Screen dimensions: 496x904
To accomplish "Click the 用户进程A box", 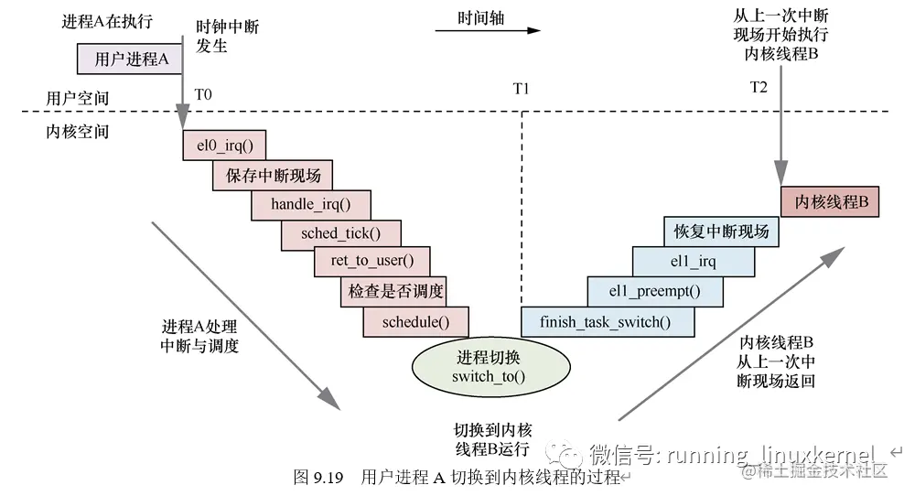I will tap(132, 59).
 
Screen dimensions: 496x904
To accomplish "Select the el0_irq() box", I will tap(225, 144).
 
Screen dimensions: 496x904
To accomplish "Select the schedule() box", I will tap(416, 321).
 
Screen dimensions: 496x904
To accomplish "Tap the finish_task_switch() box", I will tap(605, 321).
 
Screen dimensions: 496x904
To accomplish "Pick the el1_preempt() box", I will tap(654, 292).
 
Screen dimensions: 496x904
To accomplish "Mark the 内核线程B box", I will tap(830, 201).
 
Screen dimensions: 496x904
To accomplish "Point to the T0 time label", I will tap(202, 93).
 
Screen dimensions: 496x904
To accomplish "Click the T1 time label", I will tap(521, 89).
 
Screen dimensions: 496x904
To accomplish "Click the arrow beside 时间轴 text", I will tap(487, 30).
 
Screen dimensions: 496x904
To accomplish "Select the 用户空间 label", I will tap(78, 97).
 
